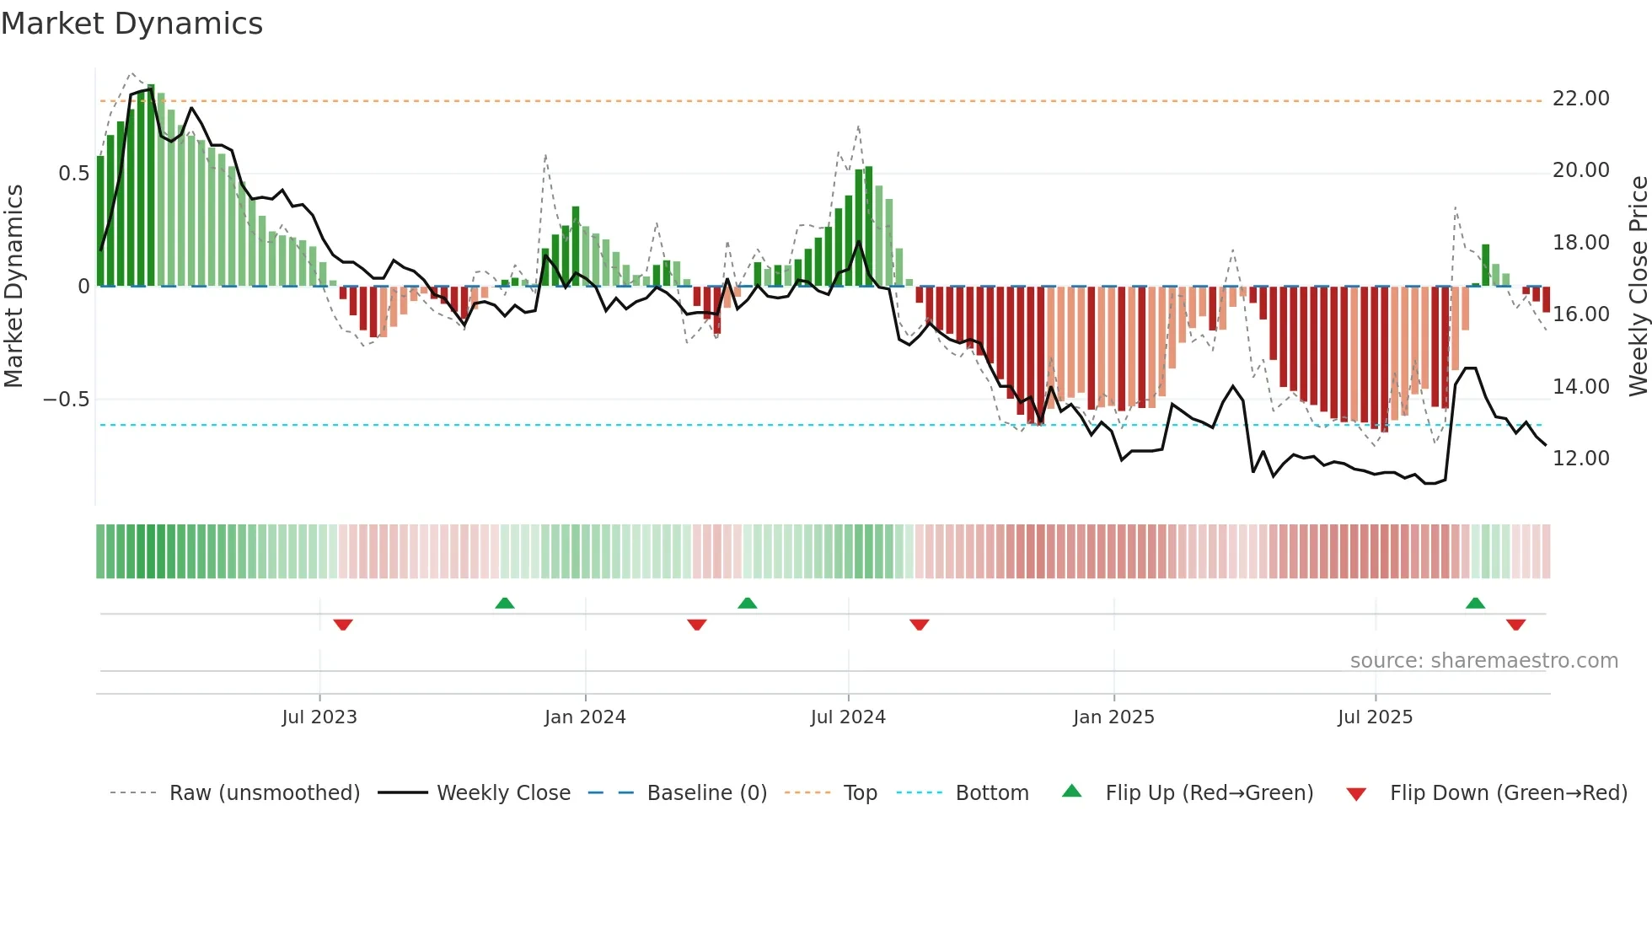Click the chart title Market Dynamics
(131, 24)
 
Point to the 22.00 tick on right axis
(1580, 99)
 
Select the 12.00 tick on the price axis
(1580, 459)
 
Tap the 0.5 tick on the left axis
(73, 174)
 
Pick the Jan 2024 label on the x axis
(585, 717)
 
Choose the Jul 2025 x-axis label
(1375, 717)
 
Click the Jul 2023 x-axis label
(319, 717)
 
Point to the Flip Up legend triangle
(1071, 791)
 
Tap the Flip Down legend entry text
(1508, 793)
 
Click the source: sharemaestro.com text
(1483, 661)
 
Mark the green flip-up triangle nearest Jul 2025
(1475, 604)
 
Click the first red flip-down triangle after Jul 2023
(343, 625)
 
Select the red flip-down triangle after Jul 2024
(919, 625)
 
